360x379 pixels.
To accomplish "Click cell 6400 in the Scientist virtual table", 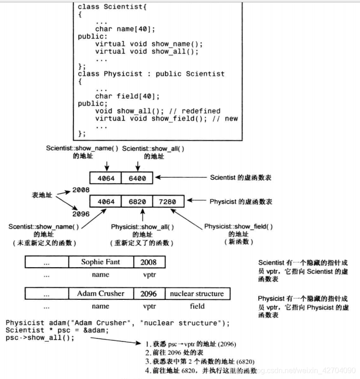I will pos(138,178).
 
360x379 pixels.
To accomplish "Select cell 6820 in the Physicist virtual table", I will pos(137,202).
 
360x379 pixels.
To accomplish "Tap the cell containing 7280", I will pos(168,202).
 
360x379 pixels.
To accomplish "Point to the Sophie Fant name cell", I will pos(101,262).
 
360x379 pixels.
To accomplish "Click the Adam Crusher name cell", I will pos(101,294).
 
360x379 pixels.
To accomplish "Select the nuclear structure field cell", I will pos(197,294).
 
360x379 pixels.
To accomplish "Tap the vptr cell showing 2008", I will pos(149,262).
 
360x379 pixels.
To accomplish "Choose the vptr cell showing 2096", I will pos(149,294).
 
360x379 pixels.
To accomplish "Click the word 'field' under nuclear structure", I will pos(197,306).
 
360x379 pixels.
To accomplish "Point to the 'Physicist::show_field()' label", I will pos(238,226).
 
